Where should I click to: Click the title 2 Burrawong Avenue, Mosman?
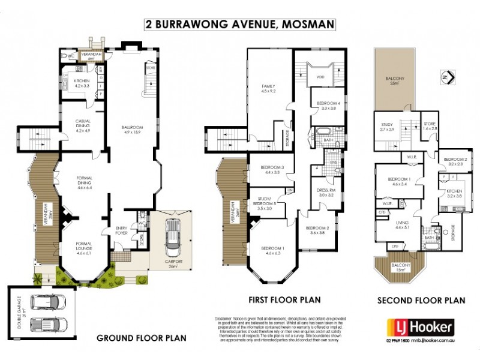pyautogui.click(x=239, y=25)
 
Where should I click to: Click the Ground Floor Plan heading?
pyautogui.click(x=142, y=338)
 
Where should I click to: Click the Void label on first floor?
pyautogui.click(x=320, y=76)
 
